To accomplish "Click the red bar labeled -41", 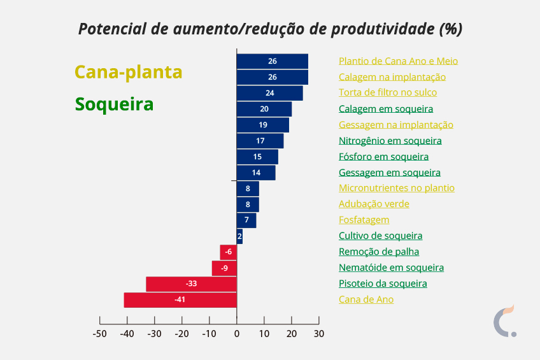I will point(180,299).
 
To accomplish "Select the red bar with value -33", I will point(191,284).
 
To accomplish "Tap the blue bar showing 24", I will point(269,93).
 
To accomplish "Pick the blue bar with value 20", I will point(264,109).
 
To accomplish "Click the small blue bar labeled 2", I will point(239,236).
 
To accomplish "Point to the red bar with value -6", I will point(228,252).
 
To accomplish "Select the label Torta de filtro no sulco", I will point(388,93).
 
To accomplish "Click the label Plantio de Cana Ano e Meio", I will point(398,61).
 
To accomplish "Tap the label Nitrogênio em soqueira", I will point(390,141).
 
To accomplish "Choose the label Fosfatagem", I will point(364,220).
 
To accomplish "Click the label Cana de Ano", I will point(366,299).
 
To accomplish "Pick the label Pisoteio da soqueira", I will point(383,284).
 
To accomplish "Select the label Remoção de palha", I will point(379,252).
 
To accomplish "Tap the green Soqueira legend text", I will point(114,104).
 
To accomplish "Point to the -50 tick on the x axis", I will point(99,333).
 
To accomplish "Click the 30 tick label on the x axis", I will point(319,333).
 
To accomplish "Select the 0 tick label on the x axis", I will point(237,333).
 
